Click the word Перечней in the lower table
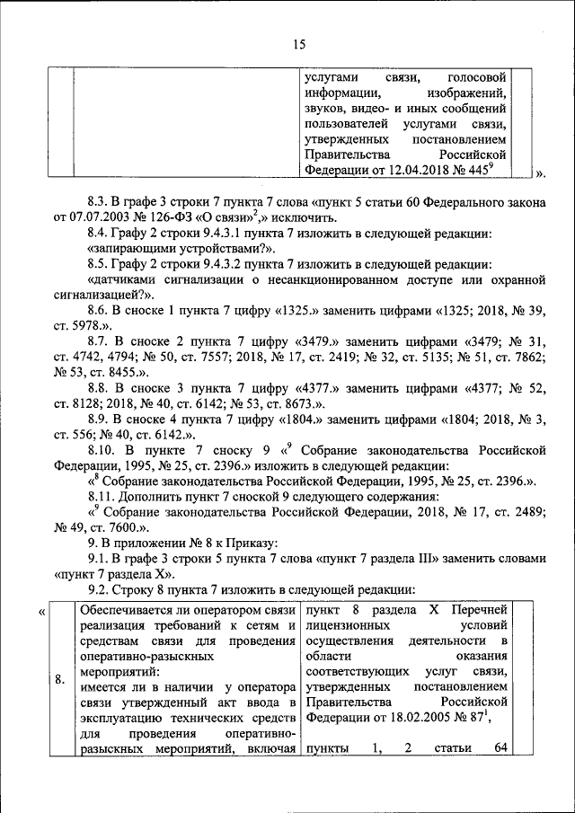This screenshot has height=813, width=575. click(480, 611)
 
